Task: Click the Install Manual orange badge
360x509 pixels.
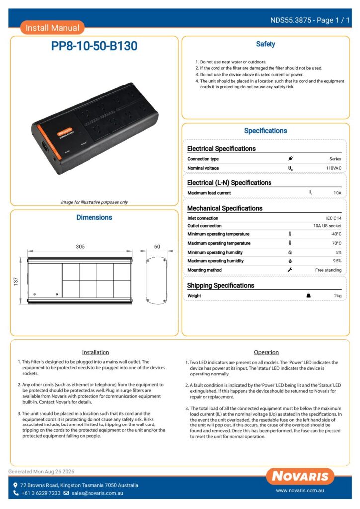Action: click(52, 28)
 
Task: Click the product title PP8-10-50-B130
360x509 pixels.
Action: click(94, 46)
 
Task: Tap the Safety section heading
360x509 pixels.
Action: click(266, 44)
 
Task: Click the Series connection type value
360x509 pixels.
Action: click(335, 159)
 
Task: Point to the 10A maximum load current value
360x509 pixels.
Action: click(337, 193)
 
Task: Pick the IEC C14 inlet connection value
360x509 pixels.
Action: click(333, 218)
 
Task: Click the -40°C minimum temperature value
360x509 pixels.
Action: click(336, 234)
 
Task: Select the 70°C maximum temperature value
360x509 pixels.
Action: click(337, 243)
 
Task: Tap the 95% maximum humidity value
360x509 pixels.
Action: click(337, 261)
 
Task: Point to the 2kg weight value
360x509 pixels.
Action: click(338, 296)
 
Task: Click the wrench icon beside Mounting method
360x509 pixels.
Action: click(290, 270)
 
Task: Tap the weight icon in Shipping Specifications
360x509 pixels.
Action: click(309, 295)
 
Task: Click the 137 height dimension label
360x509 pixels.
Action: click(16, 282)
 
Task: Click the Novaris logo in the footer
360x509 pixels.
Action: click(300, 476)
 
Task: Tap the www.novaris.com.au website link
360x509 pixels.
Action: click(300, 491)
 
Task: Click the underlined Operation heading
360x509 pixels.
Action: click(266, 352)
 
